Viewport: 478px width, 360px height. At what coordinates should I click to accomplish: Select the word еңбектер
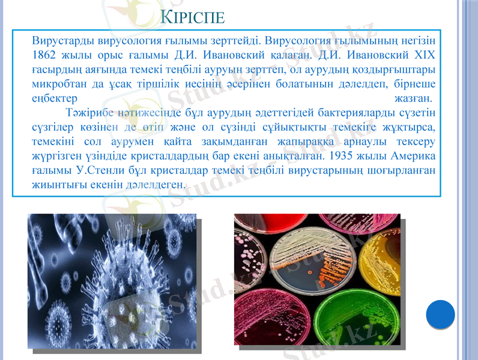pos(54,97)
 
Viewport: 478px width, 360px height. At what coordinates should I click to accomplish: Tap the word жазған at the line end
pos(414,97)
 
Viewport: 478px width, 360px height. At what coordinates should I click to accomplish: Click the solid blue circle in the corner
pos(440,314)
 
